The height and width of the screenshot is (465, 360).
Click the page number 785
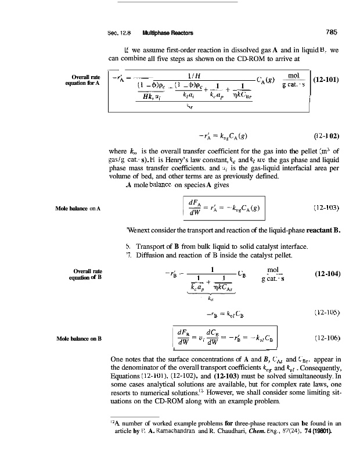332,32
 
